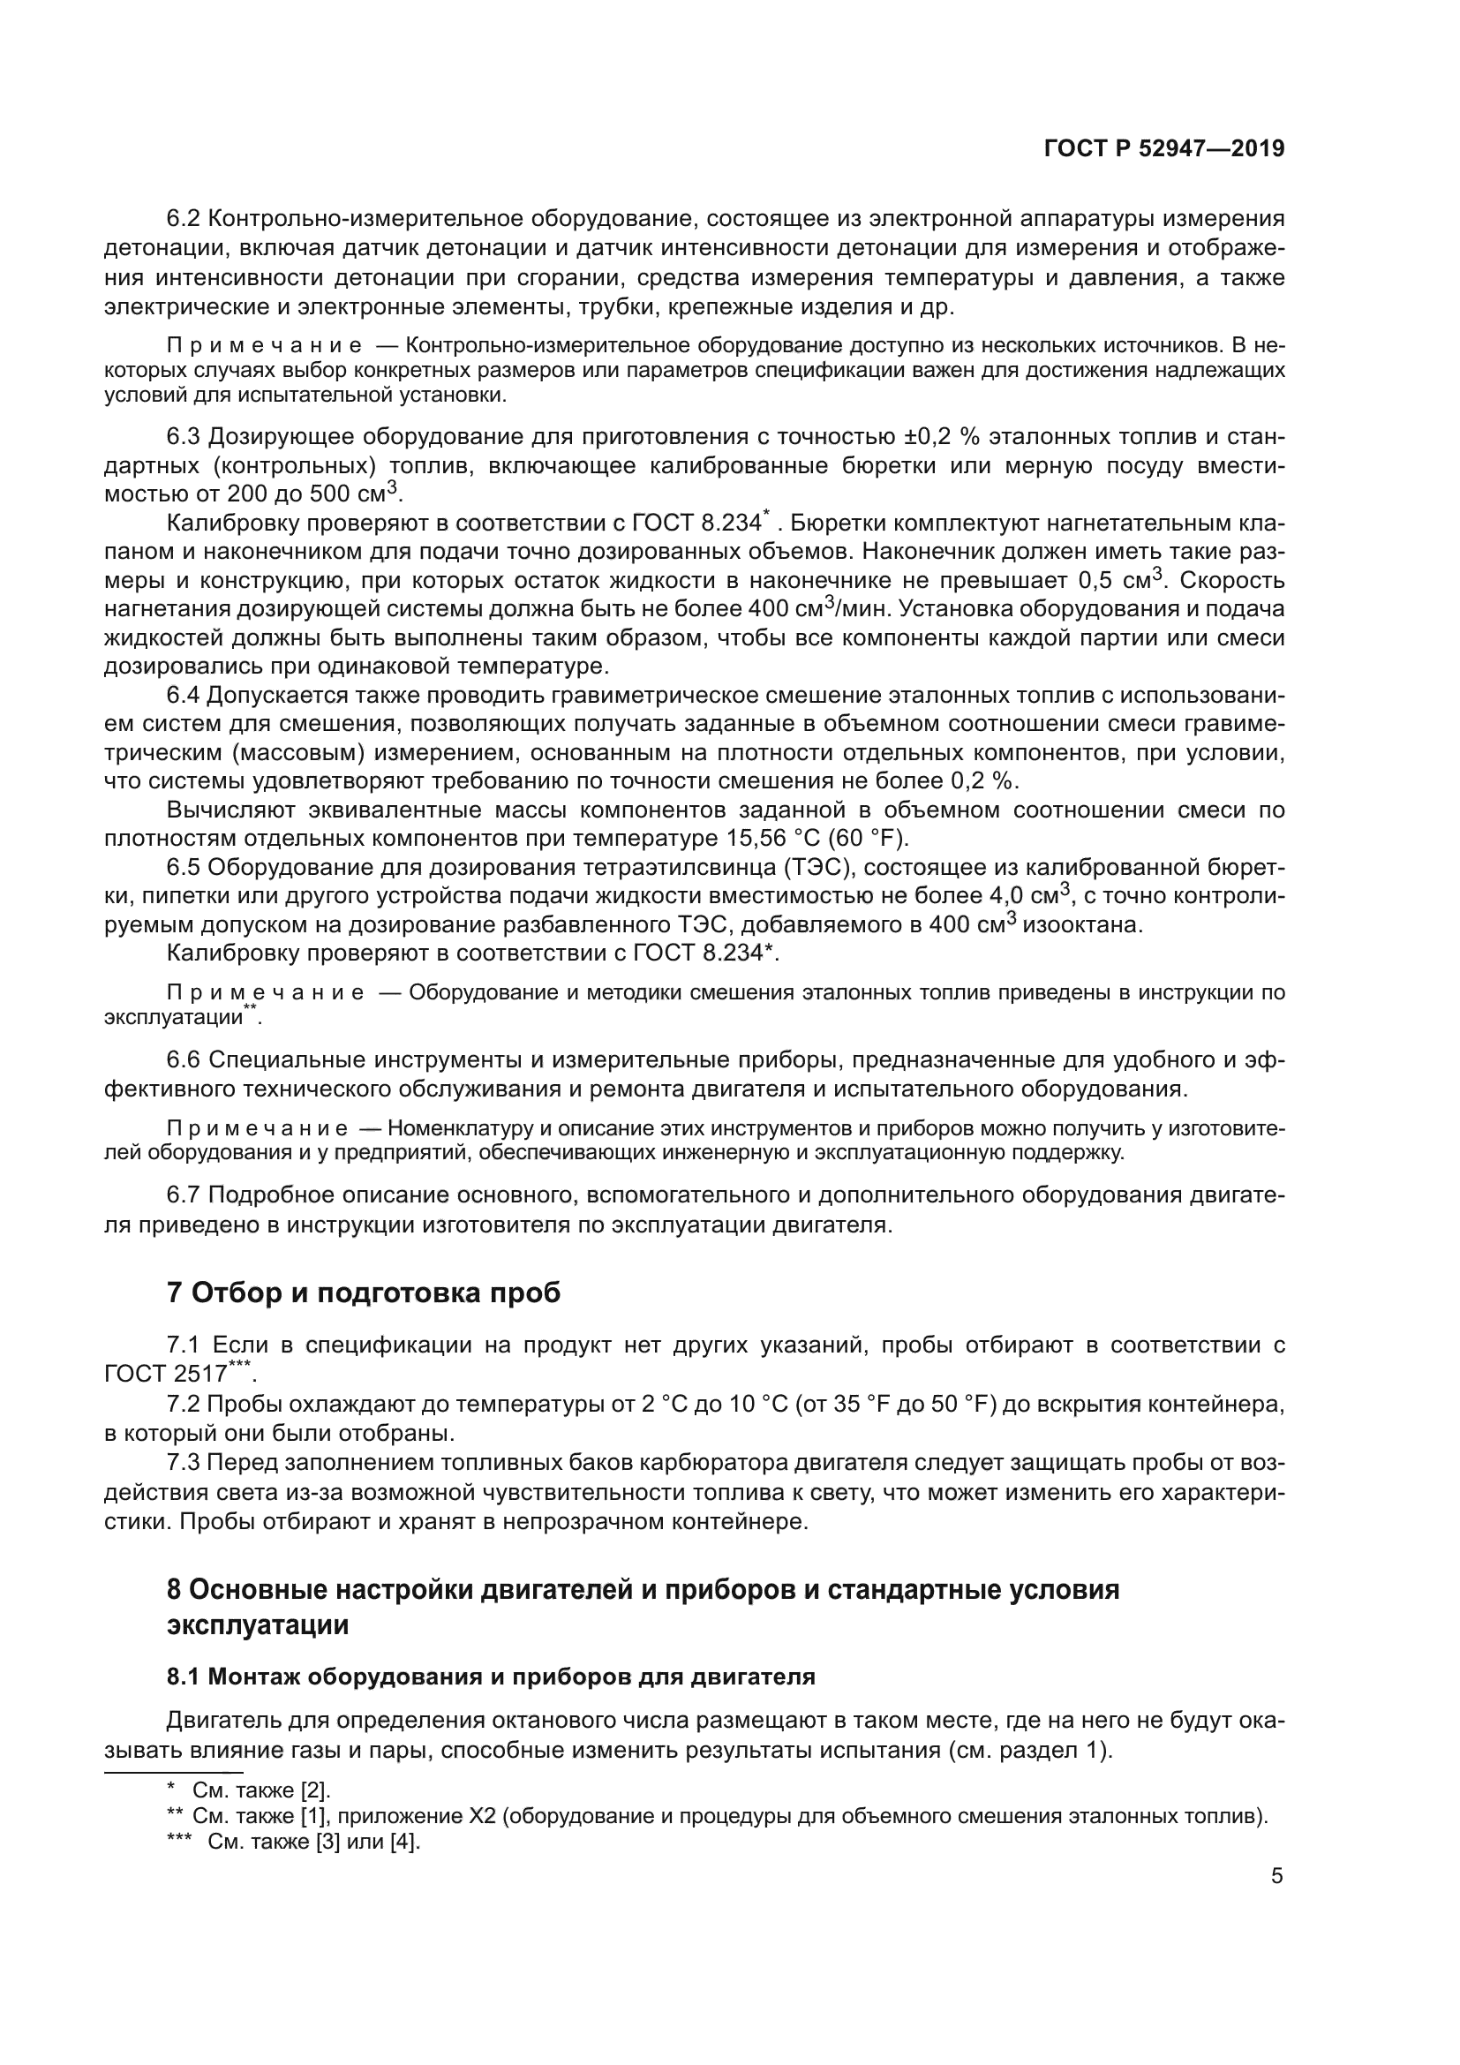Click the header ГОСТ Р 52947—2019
click(1164, 149)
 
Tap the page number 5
click(1276, 1876)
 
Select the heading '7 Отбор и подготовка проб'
click(363, 1293)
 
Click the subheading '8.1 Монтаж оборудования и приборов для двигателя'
click(491, 1677)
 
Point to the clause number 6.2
click(185, 219)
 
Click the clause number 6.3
click(185, 437)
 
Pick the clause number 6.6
click(185, 1060)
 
